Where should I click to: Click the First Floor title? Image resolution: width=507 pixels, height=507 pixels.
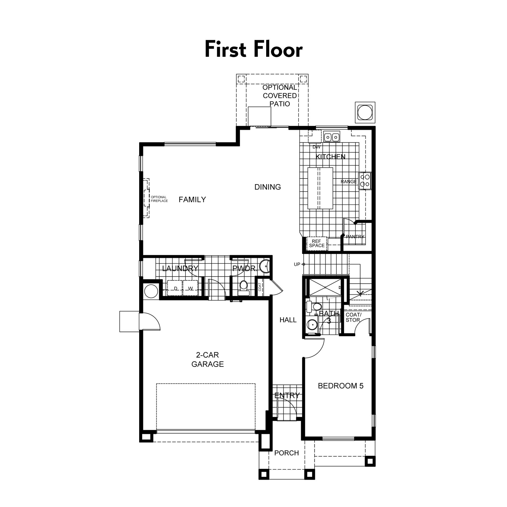tap(253, 49)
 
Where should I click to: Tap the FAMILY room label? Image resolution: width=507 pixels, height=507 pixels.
tap(192, 200)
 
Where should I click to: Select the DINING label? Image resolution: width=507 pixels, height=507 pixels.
tap(267, 187)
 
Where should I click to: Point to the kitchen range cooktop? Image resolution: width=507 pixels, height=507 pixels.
tap(365, 181)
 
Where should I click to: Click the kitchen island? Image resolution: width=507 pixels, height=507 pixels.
tap(320, 188)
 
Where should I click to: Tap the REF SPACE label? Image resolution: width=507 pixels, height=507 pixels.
tap(317, 243)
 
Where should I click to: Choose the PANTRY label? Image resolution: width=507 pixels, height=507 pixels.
tap(355, 237)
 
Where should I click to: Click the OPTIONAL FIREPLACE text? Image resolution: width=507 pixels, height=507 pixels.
tap(159, 199)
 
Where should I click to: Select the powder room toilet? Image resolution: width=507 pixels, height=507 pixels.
tap(243, 288)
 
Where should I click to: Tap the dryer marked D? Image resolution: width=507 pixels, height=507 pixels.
tap(175, 289)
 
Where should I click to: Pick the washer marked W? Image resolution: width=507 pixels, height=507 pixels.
tap(190, 289)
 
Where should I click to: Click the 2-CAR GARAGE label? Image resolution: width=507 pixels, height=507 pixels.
tap(208, 359)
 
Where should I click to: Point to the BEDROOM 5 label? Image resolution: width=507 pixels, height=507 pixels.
tap(341, 386)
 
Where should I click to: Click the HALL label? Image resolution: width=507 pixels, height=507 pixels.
tap(288, 320)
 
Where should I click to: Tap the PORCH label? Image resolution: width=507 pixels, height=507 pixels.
tap(287, 453)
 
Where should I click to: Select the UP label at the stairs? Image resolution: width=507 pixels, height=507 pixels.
tap(297, 264)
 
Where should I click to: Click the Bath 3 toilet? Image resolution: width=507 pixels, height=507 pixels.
tap(314, 307)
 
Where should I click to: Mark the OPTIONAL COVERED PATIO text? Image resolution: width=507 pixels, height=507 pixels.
tap(280, 96)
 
